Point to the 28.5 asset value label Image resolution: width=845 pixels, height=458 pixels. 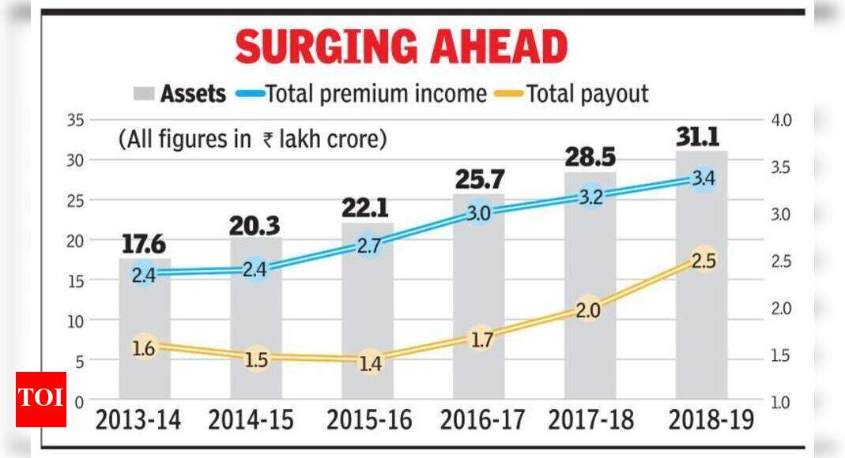[590, 156]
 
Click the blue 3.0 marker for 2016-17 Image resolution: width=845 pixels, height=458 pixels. [478, 212]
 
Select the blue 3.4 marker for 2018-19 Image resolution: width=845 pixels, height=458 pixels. [703, 178]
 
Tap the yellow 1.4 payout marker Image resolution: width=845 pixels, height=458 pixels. [369, 363]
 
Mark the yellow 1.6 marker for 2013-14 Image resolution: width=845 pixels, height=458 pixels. [143, 347]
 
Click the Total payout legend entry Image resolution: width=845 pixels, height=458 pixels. [575, 94]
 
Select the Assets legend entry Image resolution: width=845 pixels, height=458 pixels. [180, 94]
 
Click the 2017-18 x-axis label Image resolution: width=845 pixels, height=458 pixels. [590, 421]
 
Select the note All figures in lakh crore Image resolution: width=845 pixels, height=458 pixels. [253, 140]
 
